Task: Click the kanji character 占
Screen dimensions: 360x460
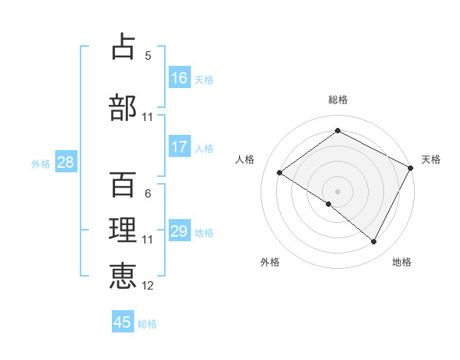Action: click(123, 47)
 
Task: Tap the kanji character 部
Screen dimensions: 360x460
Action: click(123, 107)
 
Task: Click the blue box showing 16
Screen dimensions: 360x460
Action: click(179, 78)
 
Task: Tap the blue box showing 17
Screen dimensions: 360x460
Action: click(179, 147)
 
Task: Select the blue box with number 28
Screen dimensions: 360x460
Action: click(65, 162)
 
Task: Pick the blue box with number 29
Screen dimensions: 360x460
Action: click(179, 231)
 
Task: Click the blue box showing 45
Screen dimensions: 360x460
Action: click(123, 322)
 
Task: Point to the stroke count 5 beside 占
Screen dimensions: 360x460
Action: click(148, 55)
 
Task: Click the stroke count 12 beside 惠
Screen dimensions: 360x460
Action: click(148, 286)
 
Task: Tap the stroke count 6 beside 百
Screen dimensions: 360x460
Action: click(148, 194)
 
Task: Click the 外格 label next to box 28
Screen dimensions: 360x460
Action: click(41, 163)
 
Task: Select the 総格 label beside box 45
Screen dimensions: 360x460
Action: click(147, 323)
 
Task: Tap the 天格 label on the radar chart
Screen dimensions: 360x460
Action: click(431, 159)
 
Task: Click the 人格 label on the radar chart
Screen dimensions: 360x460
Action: click(245, 159)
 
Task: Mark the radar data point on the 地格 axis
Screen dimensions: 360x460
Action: click(374, 242)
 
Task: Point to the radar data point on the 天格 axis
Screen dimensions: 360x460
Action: click(410, 168)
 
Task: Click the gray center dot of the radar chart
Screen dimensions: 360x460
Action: click(337, 191)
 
